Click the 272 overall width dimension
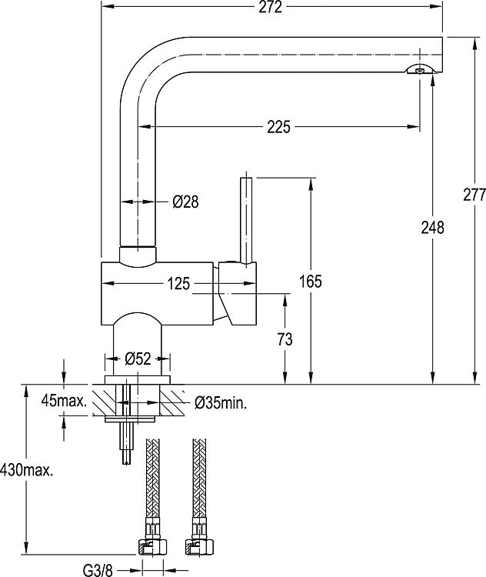click(x=271, y=7)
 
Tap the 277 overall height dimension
click(x=474, y=195)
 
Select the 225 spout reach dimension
click(x=278, y=127)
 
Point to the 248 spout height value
click(x=433, y=228)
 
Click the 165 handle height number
click(x=311, y=282)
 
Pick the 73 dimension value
click(x=285, y=339)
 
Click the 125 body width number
click(x=179, y=284)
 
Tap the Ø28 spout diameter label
click(x=185, y=202)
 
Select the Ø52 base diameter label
click(x=138, y=359)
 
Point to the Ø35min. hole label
click(x=221, y=404)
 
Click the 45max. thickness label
click(x=65, y=401)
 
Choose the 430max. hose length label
click(x=26, y=470)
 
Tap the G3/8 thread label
click(x=98, y=571)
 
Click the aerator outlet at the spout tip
click(x=420, y=70)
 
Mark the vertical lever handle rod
click(x=246, y=220)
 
